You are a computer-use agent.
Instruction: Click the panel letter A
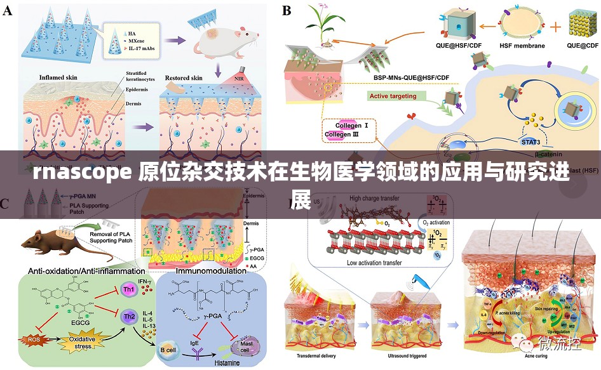click(x=8, y=10)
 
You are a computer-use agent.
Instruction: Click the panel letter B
click(x=287, y=10)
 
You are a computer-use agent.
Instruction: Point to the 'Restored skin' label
click(x=184, y=78)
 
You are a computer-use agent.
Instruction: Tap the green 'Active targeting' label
click(x=393, y=96)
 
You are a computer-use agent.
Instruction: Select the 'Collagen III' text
click(x=342, y=135)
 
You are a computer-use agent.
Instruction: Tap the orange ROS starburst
click(x=33, y=339)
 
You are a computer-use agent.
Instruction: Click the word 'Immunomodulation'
click(x=212, y=271)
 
